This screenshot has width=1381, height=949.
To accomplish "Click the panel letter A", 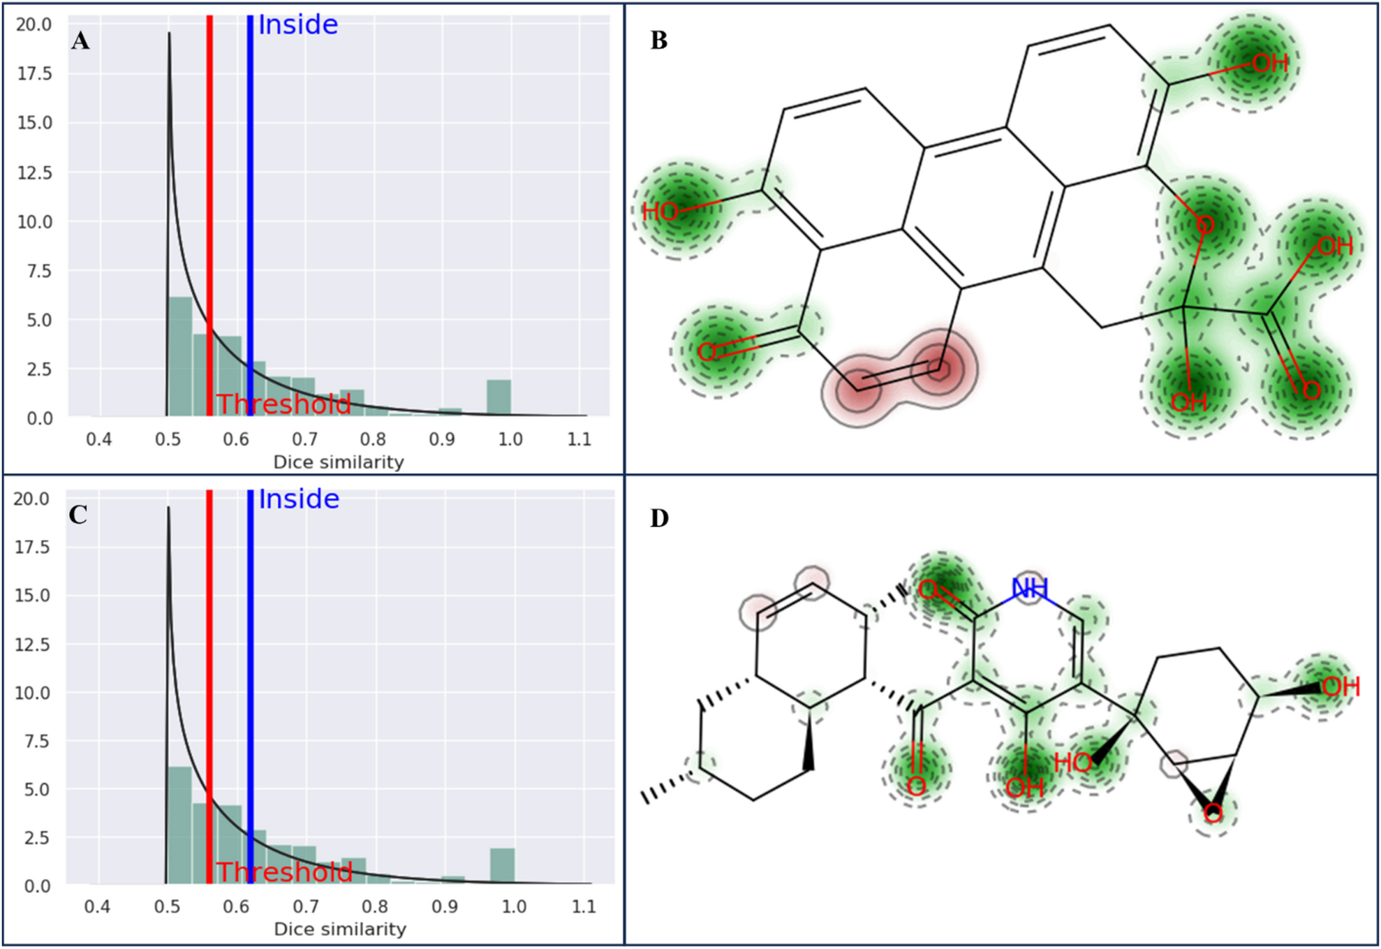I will (80, 41).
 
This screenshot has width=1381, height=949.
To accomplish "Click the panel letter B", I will (658, 41).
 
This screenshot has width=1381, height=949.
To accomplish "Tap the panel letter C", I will (78, 515).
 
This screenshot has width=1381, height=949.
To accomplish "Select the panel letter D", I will (659, 518).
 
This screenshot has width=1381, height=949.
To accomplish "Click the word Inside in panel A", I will (298, 25).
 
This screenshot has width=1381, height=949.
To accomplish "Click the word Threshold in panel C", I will (284, 872).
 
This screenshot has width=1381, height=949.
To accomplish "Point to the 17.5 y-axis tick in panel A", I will (34, 73).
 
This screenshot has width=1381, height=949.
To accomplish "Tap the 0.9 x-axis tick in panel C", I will (445, 906).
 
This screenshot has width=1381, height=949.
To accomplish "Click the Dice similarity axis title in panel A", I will (339, 462).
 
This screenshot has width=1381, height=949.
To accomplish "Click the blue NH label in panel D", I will (1029, 589).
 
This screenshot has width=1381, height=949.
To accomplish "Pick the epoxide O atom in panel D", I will (1213, 813).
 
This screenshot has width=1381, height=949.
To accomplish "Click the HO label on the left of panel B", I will (660, 212).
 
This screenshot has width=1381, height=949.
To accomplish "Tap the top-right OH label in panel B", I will (1270, 64).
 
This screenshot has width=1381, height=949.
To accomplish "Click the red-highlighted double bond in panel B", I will (899, 377).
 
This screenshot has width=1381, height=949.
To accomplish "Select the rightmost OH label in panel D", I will (1341, 686).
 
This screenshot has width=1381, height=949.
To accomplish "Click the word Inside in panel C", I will (299, 499).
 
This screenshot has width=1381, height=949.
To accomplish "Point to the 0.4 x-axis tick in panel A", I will (98, 439).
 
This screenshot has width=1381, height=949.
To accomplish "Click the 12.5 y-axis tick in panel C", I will (33, 644).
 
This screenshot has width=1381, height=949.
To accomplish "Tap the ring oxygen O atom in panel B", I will (1205, 225).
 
